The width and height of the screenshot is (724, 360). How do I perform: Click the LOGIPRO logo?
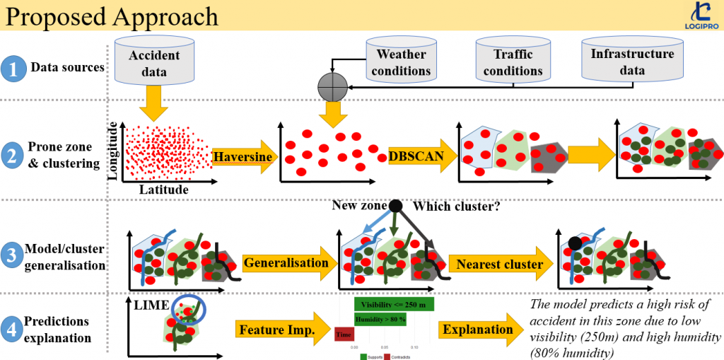702,16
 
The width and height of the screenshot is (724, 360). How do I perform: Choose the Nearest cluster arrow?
499,265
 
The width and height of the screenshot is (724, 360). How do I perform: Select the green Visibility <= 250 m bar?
394,304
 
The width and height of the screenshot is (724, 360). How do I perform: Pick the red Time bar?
344,334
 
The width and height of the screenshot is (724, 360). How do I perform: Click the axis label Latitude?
163,190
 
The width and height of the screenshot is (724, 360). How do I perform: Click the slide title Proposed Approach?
110,15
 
